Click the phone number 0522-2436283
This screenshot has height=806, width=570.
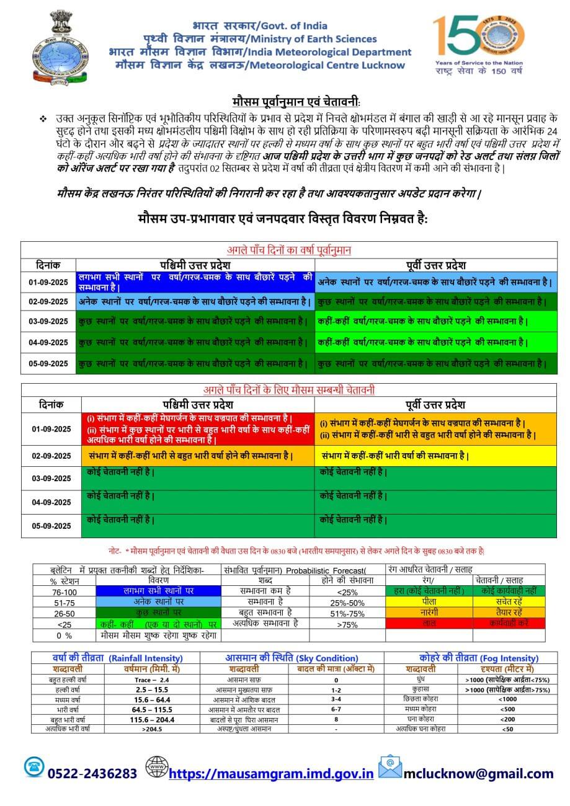pyautogui.click(x=92, y=773)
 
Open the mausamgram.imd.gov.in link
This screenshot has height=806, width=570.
pyautogui.click(x=271, y=773)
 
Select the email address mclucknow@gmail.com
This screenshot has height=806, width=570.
pyautogui.click(x=478, y=773)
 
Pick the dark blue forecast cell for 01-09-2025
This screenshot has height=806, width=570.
pyautogui.click(x=195, y=282)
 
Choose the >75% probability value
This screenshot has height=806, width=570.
pyautogui.click(x=347, y=625)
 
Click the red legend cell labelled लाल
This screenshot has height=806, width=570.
pyautogui.click(x=429, y=622)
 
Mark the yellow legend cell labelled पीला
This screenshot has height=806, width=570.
pyautogui.click(x=429, y=601)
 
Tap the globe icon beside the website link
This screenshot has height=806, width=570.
pyautogui.click(x=156, y=767)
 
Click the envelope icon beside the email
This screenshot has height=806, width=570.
pyautogui.click(x=390, y=767)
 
